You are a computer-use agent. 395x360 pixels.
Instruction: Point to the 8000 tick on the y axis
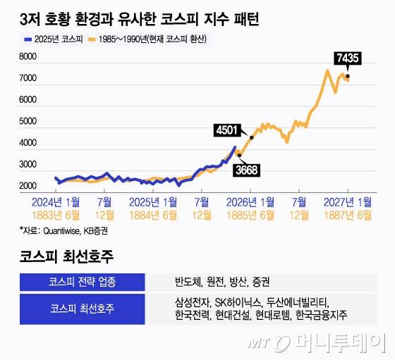[28, 57]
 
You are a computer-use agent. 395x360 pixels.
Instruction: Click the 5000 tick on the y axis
[28, 122]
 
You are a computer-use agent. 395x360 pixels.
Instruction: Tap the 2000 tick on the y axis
[28, 186]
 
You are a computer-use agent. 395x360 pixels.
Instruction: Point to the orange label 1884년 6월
[152, 215]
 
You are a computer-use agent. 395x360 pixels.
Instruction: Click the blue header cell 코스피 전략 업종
[82, 282]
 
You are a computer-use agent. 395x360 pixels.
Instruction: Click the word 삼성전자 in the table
[193, 303]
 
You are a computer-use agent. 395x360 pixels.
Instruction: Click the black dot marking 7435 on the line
[347, 76]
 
